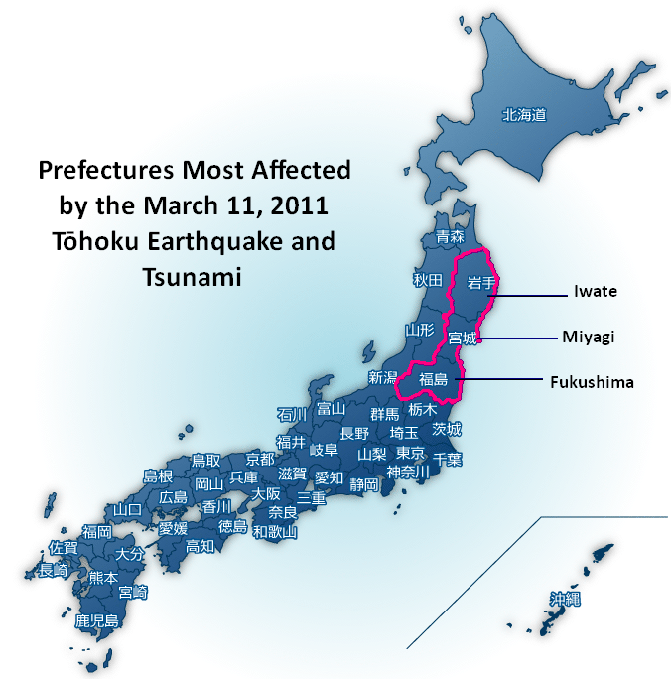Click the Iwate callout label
596,292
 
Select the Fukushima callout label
592,381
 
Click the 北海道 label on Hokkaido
524,115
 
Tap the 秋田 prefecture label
427,280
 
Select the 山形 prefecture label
419,329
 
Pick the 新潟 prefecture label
383,377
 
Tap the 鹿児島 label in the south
97,621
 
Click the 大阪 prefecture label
265,493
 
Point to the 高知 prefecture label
200,545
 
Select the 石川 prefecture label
292,414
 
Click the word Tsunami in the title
195,276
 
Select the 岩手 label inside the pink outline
481,283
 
